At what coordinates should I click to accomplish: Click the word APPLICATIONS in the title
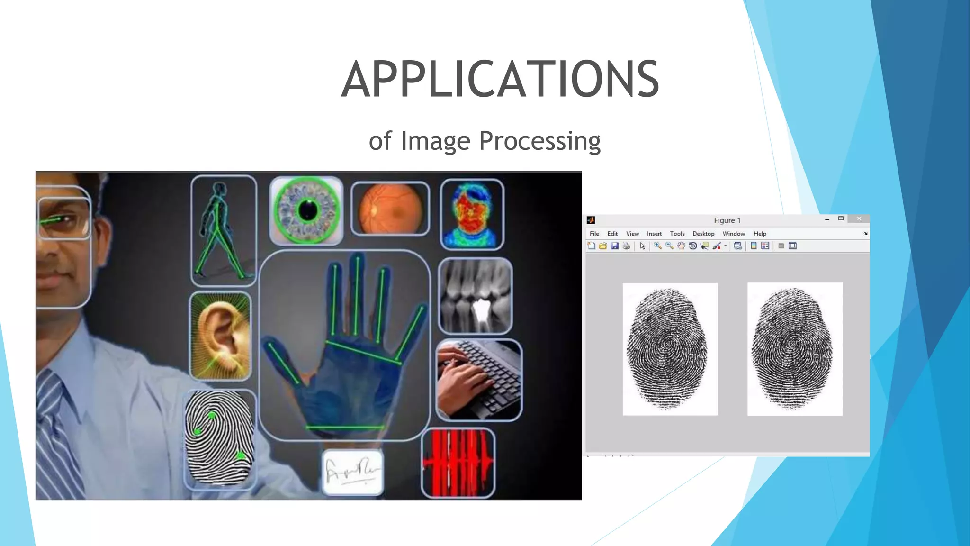(x=500, y=79)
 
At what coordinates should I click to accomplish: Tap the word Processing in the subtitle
(x=539, y=141)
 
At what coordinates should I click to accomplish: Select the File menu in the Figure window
(x=594, y=234)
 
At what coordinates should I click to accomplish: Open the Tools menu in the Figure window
(x=677, y=234)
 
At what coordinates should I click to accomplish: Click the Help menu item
(x=760, y=234)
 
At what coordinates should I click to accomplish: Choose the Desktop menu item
(x=703, y=234)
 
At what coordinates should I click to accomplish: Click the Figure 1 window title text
(x=727, y=220)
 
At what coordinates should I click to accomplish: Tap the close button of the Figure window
(x=859, y=218)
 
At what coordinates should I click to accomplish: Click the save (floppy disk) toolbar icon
(x=615, y=246)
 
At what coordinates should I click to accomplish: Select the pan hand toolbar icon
(x=681, y=246)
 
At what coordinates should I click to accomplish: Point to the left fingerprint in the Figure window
(x=669, y=349)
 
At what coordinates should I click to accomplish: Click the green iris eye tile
(x=306, y=210)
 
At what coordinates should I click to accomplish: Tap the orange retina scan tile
(x=390, y=209)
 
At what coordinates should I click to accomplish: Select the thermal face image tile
(x=472, y=214)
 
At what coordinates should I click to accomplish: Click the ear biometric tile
(x=220, y=336)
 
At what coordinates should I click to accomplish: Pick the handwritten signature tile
(x=353, y=472)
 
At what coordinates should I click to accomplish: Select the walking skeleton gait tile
(x=224, y=230)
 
